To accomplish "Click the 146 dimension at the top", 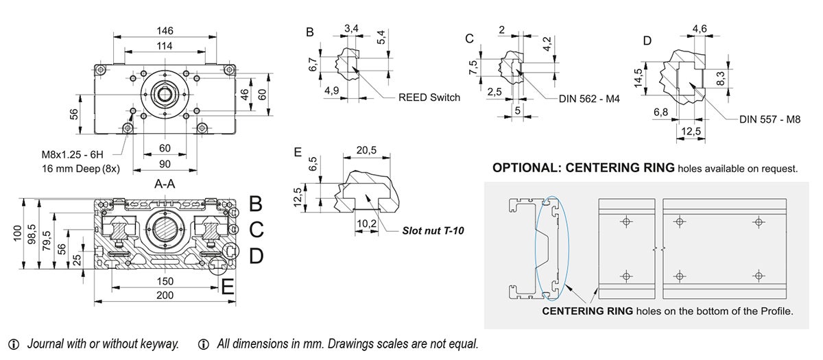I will [165, 31].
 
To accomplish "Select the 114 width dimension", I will [165, 45].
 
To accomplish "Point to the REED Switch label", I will [429, 98].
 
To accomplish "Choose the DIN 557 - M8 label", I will [770, 119].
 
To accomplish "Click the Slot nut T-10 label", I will [433, 231].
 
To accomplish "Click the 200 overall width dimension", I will [165, 296].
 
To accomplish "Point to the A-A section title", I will [165, 184].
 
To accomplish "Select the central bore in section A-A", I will [165, 229].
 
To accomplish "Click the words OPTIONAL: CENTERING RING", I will [584, 168].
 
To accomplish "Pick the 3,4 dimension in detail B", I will [351, 28].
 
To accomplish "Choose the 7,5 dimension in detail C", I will [473, 69].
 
